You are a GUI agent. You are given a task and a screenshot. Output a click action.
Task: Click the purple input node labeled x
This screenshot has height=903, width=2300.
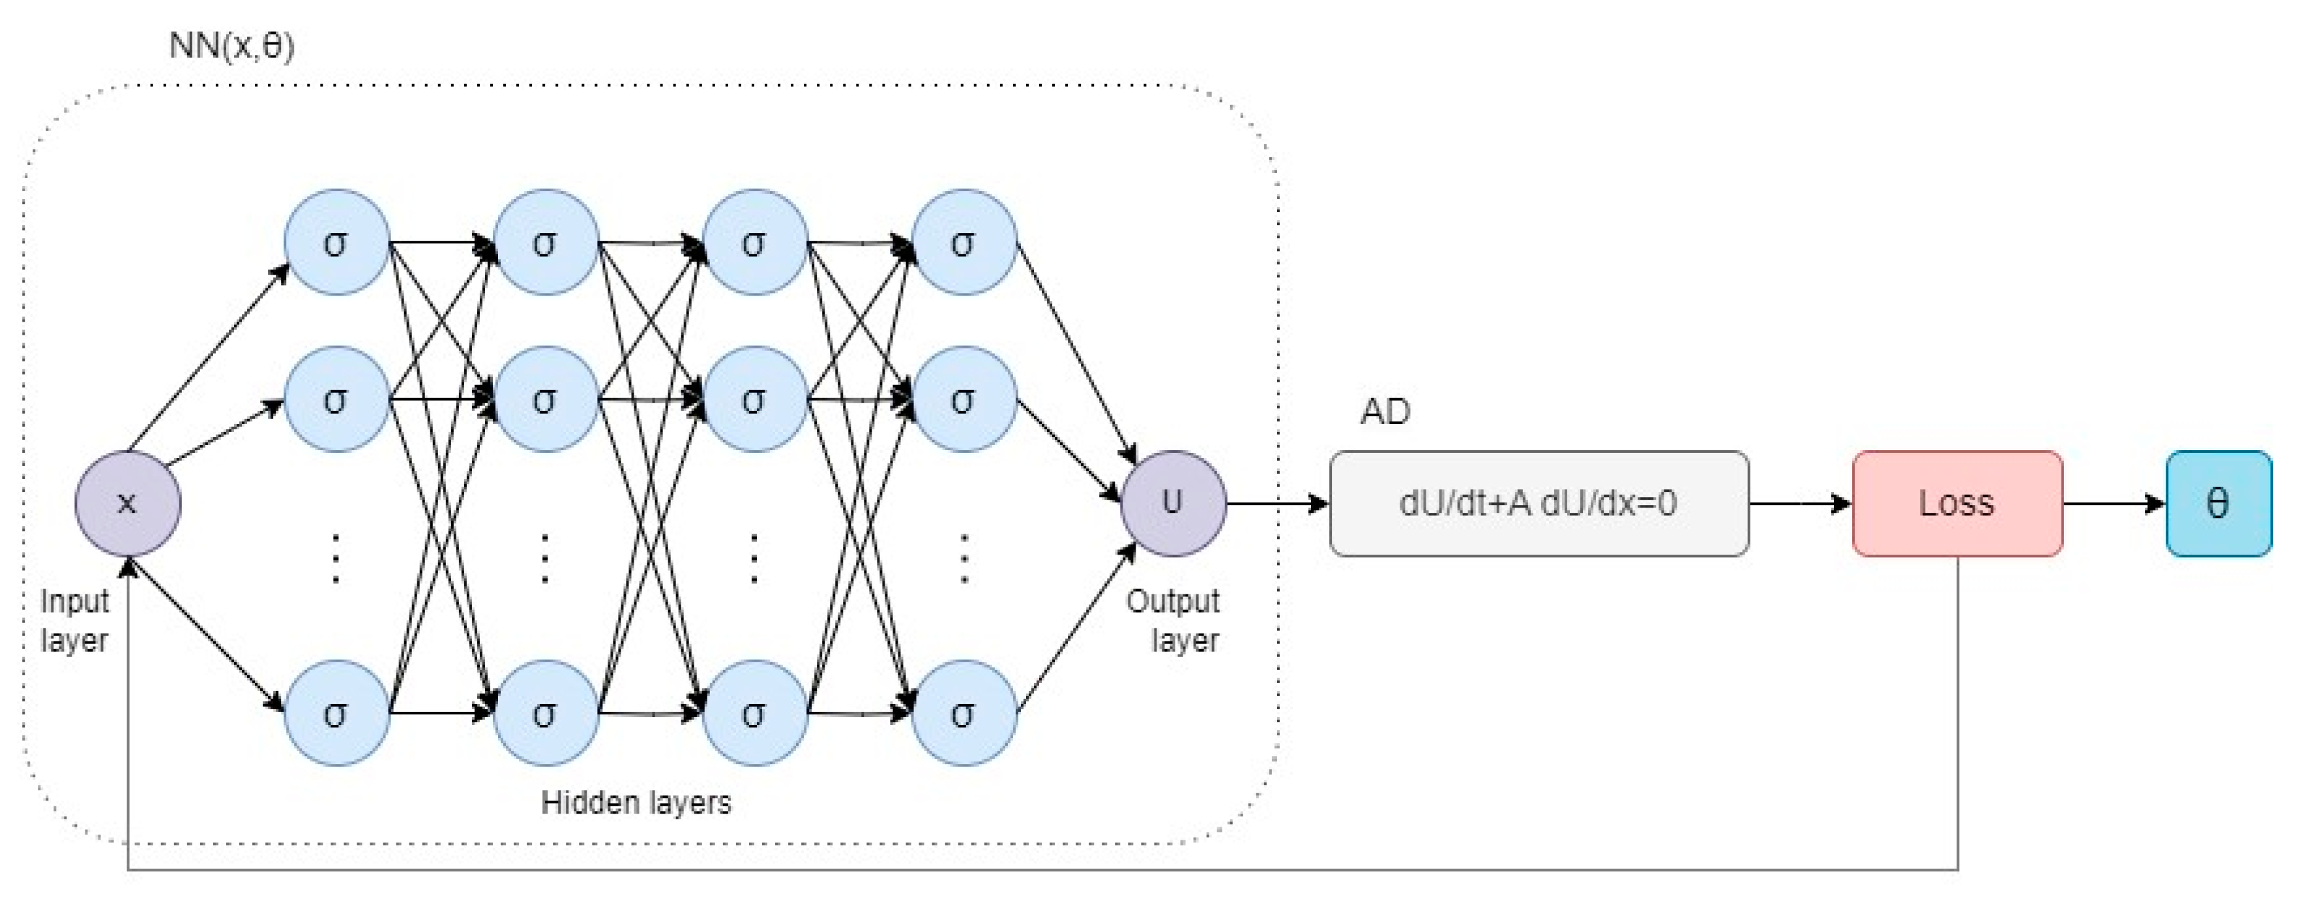[128, 504]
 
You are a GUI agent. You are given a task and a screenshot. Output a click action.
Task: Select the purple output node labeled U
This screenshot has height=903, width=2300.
[1173, 504]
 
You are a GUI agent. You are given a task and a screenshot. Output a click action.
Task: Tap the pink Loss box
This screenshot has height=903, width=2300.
[1957, 504]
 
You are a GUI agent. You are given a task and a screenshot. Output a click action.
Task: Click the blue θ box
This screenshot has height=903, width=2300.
[2219, 504]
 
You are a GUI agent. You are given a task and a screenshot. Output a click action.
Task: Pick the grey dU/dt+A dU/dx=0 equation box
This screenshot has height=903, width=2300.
[1539, 504]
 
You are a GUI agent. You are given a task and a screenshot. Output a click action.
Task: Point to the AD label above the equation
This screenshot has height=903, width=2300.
[1385, 412]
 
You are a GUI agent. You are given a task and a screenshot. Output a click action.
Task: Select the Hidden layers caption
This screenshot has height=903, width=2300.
[636, 802]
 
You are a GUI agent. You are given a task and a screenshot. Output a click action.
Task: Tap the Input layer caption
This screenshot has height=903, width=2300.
[74, 620]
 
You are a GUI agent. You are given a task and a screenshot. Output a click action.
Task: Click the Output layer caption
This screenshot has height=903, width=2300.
[1173, 620]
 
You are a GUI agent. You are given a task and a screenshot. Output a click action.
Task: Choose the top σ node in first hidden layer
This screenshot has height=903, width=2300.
[336, 242]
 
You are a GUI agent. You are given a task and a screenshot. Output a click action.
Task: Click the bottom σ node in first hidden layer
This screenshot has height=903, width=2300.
[336, 712]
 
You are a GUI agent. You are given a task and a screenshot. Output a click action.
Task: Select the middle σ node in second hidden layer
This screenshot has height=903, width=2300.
[546, 399]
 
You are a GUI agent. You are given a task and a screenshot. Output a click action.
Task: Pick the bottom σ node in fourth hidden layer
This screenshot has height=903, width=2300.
[964, 712]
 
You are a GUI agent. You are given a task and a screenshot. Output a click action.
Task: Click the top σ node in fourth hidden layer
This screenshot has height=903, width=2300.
[964, 242]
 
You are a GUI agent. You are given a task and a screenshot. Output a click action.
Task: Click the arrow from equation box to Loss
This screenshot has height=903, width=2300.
[1801, 504]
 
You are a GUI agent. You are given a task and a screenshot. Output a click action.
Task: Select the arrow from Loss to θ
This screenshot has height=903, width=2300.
[2114, 504]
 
